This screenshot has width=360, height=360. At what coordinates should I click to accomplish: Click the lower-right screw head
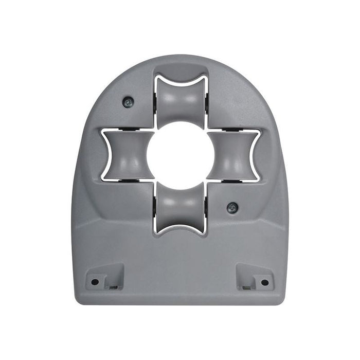(232, 207)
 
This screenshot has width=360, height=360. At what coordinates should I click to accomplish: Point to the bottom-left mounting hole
(95, 282)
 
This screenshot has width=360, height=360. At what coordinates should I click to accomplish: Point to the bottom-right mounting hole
(265, 282)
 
